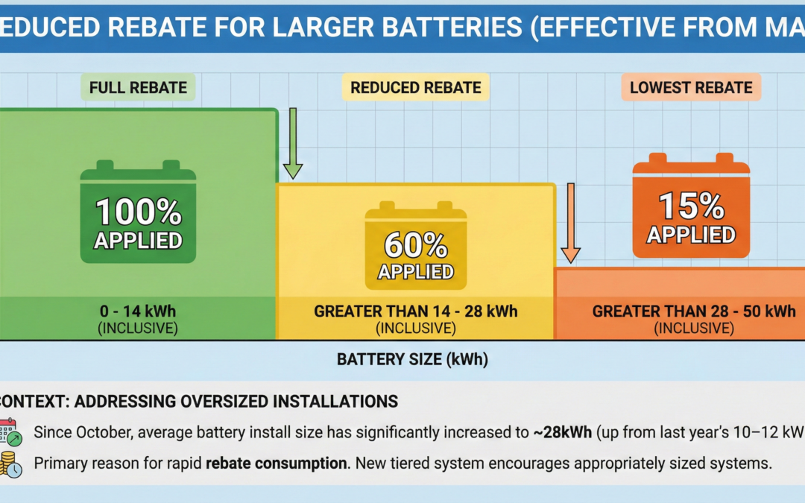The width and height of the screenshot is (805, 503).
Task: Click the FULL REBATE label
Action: point(138,87)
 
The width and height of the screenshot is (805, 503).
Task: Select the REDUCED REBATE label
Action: point(416,87)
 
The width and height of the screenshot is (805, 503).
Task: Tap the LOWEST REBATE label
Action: point(691,87)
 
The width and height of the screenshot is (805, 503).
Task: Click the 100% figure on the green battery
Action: point(139,212)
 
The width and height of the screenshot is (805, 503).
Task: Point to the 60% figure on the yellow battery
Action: point(416,244)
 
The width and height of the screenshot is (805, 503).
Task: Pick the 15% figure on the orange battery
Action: point(691,206)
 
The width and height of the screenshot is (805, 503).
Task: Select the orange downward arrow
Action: point(570,223)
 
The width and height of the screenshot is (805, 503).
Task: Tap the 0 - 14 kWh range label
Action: point(139,311)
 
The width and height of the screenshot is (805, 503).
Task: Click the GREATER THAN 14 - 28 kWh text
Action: point(416,311)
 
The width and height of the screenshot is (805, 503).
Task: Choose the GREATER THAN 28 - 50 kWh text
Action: point(694,311)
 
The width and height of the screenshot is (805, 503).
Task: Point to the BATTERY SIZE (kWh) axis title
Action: point(412,360)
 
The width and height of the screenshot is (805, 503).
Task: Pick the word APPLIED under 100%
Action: point(139,241)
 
